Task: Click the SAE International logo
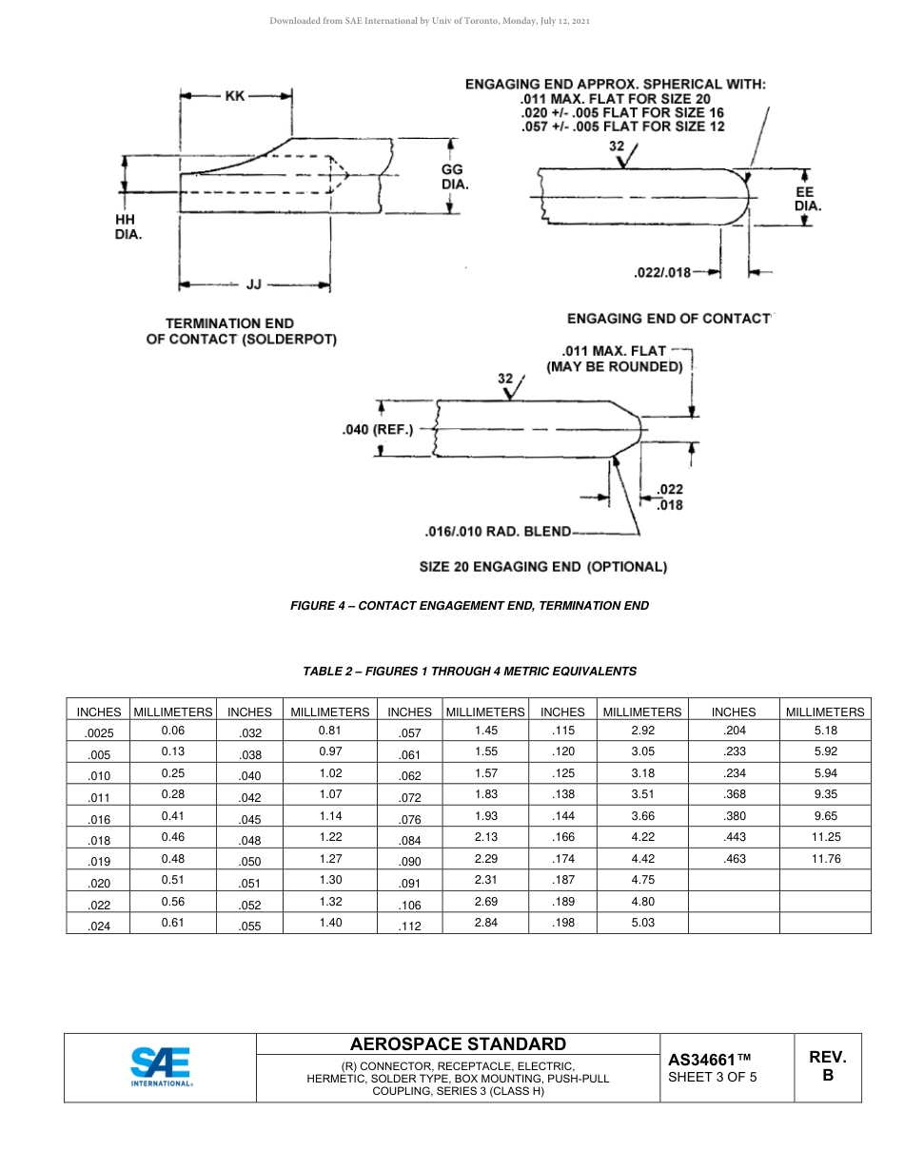pyautogui.click(x=161, y=1065)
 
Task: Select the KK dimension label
pyautogui.click(x=234, y=95)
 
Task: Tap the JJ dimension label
pyautogui.click(x=253, y=283)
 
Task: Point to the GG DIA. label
pyautogui.click(x=454, y=176)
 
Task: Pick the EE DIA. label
pyautogui.click(x=807, y=198)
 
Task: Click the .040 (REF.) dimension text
pyautogui.click(x=378, y=430)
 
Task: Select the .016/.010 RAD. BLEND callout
pyautogui.click(x=498, y=532)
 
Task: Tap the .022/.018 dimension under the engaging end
pyautogui.click(x=662, y=273)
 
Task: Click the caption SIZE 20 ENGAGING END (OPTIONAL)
pyautogui.click(x=543, y=567)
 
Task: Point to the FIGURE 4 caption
pyautogui.click(x=469, y=605)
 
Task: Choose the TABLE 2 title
pyautogui.click(x=469, y=671)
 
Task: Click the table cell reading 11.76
pyautogui.click(x=825, y=858)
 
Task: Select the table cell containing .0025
pyautogui.click(x=98, y=732)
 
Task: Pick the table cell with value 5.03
pyautogui.click(x=642, y=922)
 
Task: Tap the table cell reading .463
pyautogui.click(x=734, y=858)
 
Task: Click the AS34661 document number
pyautogui.click(x=710, y=1059)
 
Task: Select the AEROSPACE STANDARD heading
pyautogui.click(x=458, y=1043)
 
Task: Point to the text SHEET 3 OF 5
pyautogui.click(x=713, y=1077)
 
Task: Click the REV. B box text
pyautogui.click(x=827, y=1066)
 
